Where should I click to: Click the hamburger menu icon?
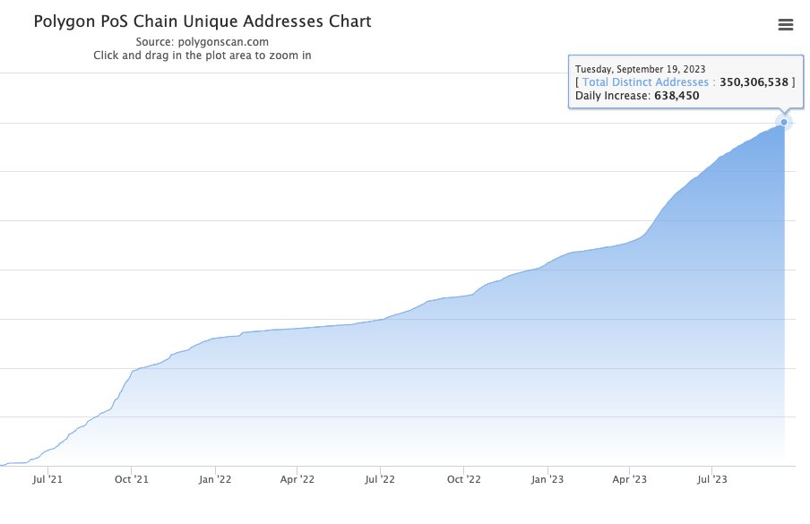tap(786, 25)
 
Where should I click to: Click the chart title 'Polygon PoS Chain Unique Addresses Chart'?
tap(202, 21)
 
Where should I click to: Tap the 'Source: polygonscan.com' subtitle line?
tap(202, 41)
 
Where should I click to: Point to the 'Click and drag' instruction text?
tap(202, 55)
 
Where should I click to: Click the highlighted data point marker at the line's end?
tap(784, 122)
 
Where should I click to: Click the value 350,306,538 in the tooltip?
tap(754, 82)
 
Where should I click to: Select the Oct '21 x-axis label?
tap(131, 480)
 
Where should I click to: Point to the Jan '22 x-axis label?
tap(215, 480)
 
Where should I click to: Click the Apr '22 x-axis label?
tap(297, 480)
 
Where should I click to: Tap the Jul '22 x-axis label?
tap(380, 480)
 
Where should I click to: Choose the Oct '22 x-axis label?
tap(463, 480)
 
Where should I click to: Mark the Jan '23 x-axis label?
tap(547, 480)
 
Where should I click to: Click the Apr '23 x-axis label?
tap(629, 480)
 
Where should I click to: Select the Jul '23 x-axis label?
tap(711, 480)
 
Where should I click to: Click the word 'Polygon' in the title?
tap(66, 21)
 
